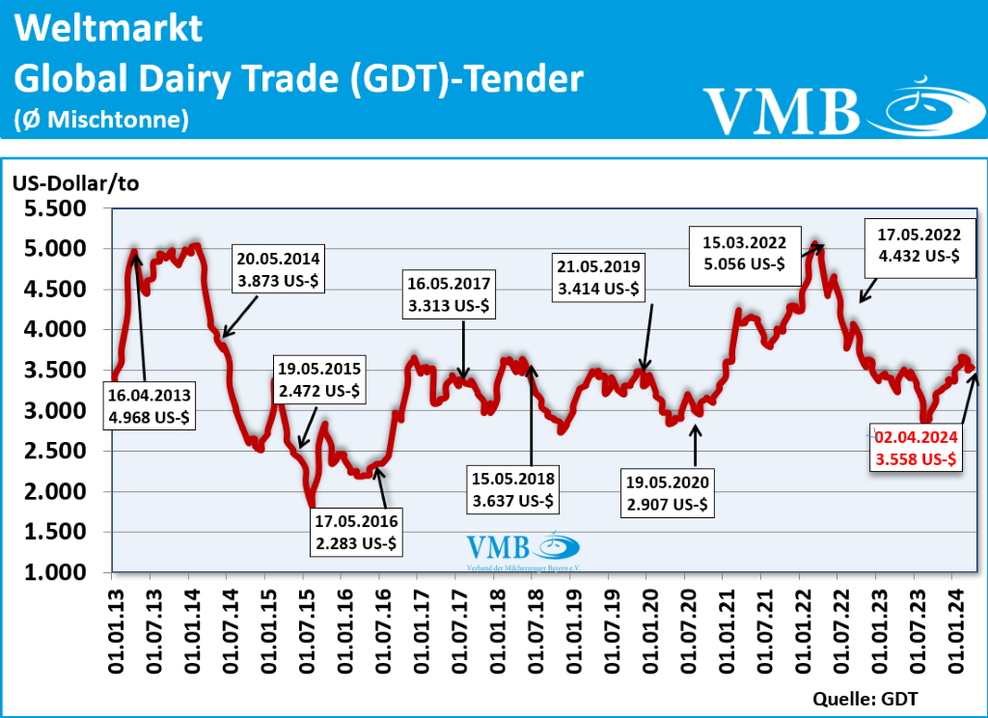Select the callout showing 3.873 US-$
click(281, 268)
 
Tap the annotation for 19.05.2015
click(319, 380)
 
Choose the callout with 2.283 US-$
click(356, 533)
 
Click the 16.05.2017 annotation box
click(450, 294)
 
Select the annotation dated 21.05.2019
click(597, 276)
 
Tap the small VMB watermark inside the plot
click(522, 550)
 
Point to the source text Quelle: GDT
click(866, 698)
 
